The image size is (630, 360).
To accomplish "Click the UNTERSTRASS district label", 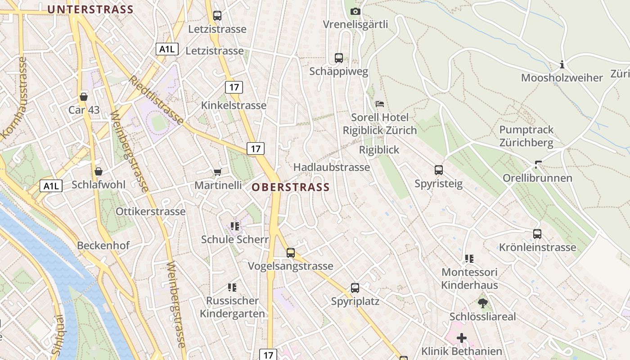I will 90,9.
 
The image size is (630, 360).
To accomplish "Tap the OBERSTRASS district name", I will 291,187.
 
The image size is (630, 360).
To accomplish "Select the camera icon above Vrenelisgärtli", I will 355,11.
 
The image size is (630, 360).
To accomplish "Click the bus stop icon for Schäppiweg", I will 339,58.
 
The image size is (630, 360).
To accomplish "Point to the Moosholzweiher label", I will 562,78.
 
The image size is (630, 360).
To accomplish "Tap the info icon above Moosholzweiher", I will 562,65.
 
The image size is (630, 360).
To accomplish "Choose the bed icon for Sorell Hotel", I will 380,104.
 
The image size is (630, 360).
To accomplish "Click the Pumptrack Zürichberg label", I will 526,136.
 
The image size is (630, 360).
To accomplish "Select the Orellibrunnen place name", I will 537,178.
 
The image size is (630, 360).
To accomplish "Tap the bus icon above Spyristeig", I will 439,170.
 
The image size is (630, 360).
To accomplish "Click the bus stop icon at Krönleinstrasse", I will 537,234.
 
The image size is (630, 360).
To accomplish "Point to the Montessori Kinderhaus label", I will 469,279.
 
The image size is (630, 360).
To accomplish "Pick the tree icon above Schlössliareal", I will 483,303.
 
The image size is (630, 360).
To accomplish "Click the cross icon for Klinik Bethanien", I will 462,337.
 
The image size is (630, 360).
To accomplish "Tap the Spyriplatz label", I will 355,301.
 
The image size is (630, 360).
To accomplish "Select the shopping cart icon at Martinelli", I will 218,172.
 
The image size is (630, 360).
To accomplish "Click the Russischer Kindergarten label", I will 232,307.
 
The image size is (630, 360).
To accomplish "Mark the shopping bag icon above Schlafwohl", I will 99,171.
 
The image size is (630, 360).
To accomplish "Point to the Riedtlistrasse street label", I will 156,100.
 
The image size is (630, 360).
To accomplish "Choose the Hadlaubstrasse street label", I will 331,167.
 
